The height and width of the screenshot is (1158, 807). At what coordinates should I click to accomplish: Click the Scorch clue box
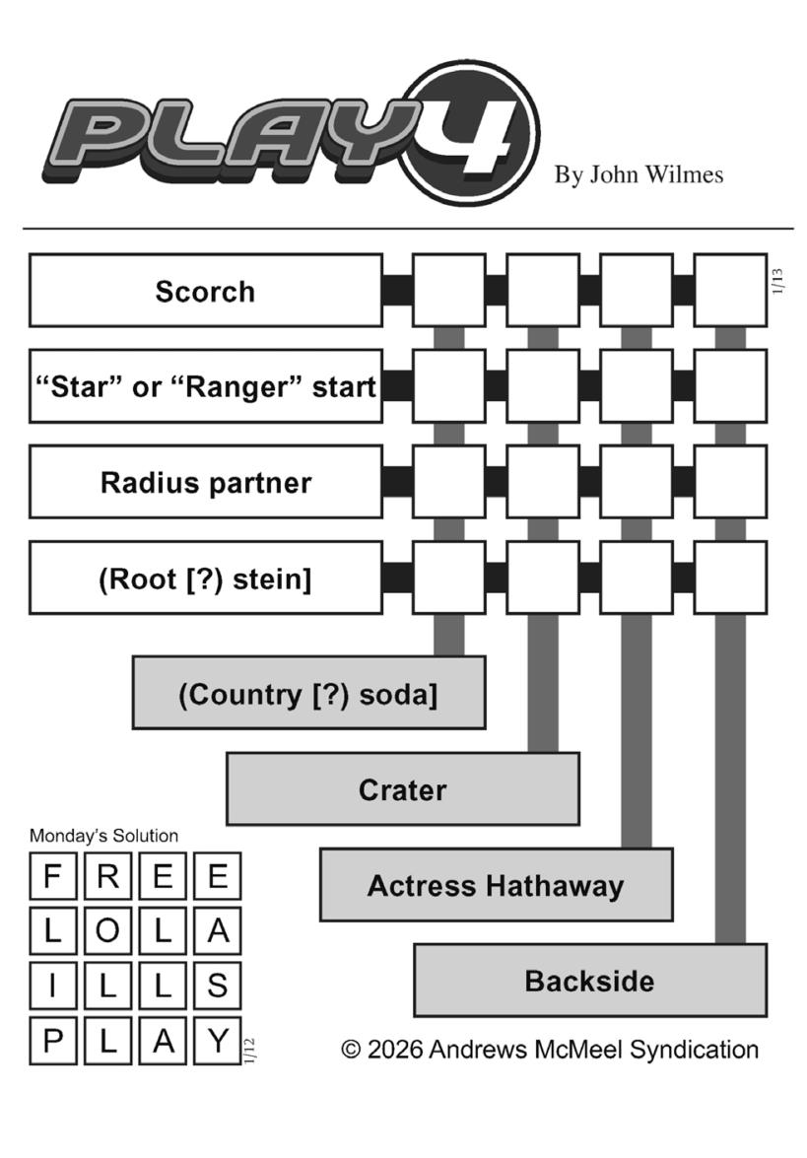(x=205, y=291)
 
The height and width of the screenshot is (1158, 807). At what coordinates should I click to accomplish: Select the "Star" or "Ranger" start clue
(x=205, y=386)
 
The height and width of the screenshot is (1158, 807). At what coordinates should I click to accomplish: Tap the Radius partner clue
(x=205, y=482)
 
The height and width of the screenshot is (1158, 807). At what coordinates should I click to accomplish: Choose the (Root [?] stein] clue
(x=205, y=578)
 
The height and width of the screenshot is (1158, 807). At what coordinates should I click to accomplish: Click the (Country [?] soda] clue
(x=308, y=693)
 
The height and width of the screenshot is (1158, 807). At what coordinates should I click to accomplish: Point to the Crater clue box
(x=402, y=789)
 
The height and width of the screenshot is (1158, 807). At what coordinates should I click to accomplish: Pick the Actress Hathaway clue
(x=496, y=885)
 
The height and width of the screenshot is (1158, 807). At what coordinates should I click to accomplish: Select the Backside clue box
(x=589, y=981)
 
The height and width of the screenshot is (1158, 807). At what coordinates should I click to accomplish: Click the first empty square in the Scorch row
(x=448, y=291)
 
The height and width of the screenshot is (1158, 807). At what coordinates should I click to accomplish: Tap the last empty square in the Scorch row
(x=730, y=291)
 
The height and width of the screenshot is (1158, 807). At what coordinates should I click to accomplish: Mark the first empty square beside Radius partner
(x=448, y=482)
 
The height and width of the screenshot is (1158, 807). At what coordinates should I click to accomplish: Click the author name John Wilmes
(x=639, y=175)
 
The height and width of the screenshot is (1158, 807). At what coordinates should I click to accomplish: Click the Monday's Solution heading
(x=103, y=836)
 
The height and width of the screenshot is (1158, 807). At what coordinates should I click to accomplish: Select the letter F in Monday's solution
(x=53, y=876)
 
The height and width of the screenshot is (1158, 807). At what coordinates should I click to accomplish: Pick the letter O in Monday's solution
(x=108, y=930)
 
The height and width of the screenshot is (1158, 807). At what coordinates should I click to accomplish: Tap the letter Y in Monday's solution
(x=217, y=1040)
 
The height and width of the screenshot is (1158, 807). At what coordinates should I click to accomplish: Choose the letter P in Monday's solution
(x=53, y=1040)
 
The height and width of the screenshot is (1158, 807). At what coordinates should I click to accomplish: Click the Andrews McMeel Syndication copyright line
(x=550, y=1049)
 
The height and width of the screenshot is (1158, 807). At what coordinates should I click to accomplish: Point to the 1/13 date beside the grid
(x=778, y=282)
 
